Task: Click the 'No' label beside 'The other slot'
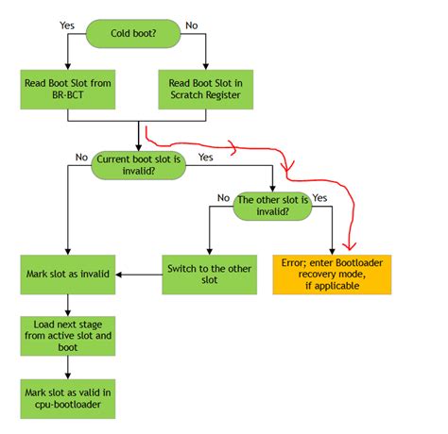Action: [223, 199]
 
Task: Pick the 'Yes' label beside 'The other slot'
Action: [319, 199]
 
